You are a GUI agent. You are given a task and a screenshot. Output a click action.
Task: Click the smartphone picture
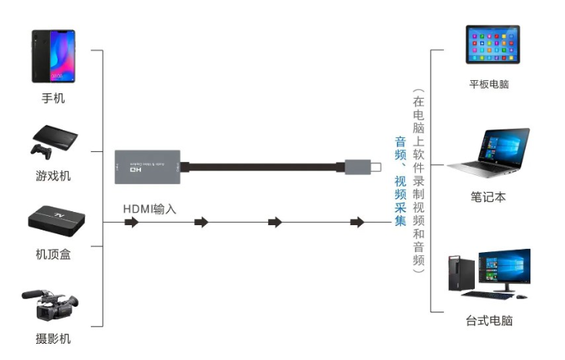click(53, 56)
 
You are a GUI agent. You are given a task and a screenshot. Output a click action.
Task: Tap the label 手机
click(53, 99)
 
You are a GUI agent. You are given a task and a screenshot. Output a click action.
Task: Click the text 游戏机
click(53, 176)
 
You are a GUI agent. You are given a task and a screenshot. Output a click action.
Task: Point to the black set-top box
click(55, 219)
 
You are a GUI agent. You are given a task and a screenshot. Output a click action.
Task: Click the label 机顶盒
click(53, 254)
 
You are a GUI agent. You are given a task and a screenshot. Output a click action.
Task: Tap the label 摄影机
click(53, 338)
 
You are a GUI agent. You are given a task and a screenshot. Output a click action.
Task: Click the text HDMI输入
click(150, 209)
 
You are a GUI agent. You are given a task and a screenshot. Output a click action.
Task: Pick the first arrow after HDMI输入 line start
click(131, 223)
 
